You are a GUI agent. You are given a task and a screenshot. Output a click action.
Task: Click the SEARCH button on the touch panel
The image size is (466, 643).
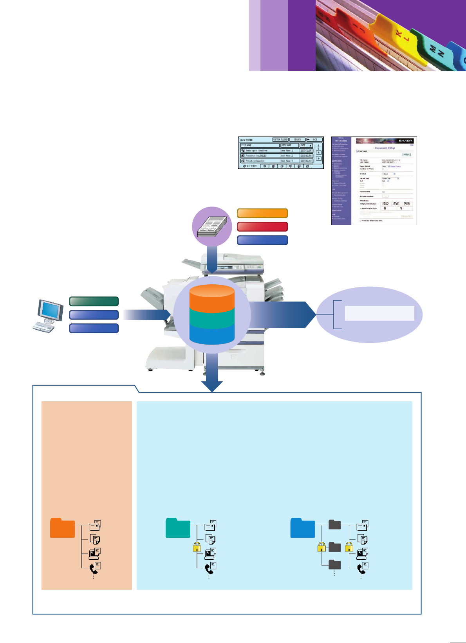coord(297,140)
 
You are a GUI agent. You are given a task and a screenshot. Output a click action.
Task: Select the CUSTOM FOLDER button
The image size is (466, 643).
coord(280,140)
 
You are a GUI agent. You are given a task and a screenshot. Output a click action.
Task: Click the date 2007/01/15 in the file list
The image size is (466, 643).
coord(306,151)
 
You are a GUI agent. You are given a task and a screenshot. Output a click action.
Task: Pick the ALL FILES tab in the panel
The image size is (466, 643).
coord(250,166)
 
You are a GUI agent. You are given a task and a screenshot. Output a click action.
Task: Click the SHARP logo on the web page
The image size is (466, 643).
coord(405,140)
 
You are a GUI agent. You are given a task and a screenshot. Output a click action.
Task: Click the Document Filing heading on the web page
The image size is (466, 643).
coord(385,148)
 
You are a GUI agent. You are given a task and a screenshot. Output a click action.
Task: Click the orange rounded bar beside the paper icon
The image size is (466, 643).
coord(262,213)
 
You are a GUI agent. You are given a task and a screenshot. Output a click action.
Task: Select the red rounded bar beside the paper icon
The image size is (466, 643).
coord(262,227)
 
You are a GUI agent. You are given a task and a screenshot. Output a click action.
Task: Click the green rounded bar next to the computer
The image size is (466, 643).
coord(94,301)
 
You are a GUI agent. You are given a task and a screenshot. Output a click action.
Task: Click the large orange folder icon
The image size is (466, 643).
coord(62,528)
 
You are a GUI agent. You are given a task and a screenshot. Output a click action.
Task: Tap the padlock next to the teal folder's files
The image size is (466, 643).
coord(197,547)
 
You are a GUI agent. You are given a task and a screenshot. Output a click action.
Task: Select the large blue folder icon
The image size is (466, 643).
coord(303,528)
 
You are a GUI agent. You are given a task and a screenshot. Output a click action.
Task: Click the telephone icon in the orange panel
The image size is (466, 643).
coord(93,568)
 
